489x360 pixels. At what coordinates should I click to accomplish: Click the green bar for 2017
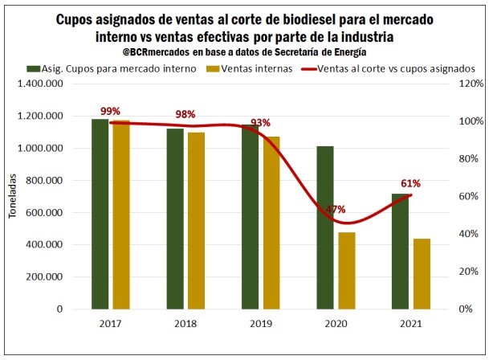click(100, 214)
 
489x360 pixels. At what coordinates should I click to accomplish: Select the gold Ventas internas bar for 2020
click(347, 271)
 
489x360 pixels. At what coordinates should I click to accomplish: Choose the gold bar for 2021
click(422, 274)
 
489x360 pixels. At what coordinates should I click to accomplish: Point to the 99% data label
click(110, 111)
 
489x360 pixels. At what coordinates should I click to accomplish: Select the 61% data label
click(410, 182)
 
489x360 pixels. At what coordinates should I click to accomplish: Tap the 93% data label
click(260, 123)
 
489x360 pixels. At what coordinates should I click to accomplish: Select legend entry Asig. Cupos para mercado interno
click(114, 68)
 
